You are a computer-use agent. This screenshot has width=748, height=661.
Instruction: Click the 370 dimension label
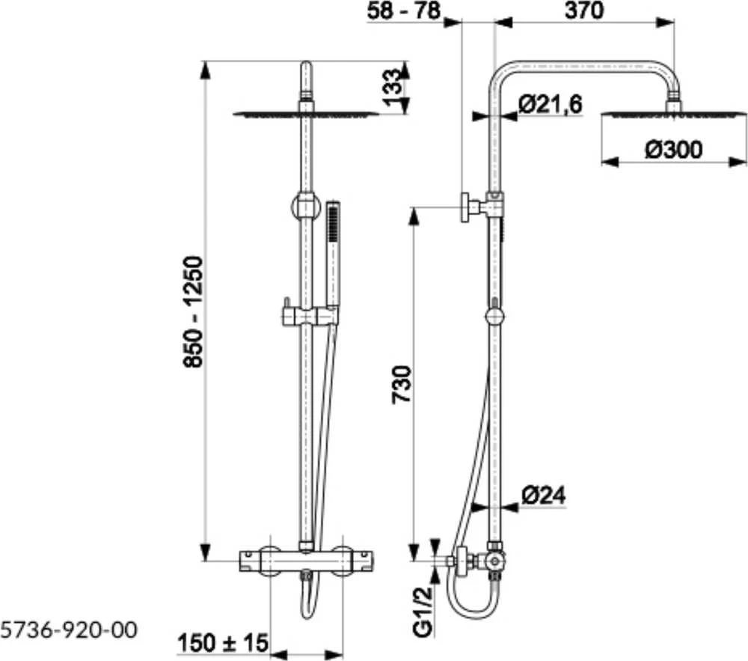[584, 10]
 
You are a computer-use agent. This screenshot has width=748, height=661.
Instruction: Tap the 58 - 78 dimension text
[404, 10]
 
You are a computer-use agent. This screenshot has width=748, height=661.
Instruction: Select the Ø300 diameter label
[674, 150]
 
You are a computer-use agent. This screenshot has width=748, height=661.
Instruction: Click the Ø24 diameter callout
[543, 496]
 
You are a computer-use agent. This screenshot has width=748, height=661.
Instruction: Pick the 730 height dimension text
[401, 385]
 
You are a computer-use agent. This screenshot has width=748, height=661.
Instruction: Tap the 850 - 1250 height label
[194, 312]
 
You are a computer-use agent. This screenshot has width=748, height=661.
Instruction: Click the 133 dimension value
[392, 88]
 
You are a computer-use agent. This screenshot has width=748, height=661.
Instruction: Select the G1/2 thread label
[423, 612]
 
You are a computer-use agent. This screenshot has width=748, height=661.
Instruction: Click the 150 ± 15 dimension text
[223, 643]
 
